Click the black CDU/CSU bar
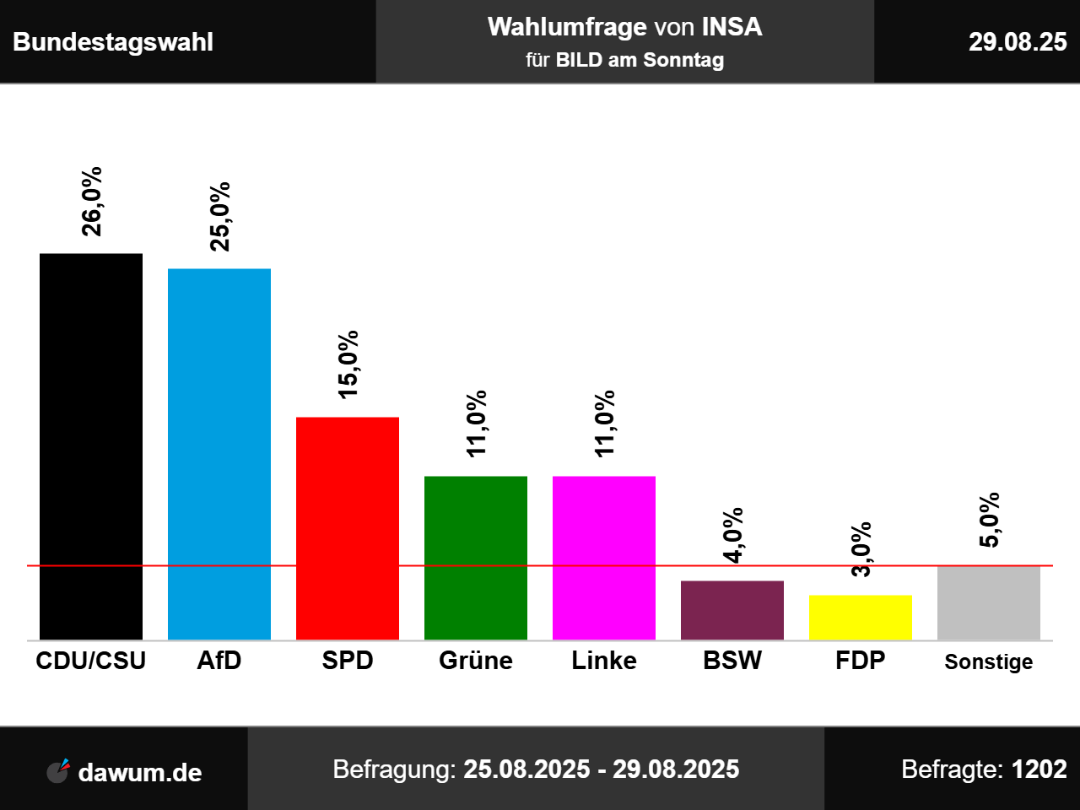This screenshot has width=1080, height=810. coord(91,446)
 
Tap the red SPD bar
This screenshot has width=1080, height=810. coord(348,528)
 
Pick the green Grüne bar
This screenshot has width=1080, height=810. coord(476,558)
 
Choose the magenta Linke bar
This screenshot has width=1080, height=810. coord(604,558)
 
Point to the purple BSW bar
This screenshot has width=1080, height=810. coord(732,610)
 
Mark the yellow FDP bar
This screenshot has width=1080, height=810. coord(861,618)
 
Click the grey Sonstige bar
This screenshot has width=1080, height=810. coord(989,602)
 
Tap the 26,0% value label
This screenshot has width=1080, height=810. coord(92,202)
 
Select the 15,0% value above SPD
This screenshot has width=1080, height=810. coord(348,364)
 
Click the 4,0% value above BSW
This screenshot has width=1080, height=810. coord(733,535)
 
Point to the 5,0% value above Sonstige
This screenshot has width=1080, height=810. coord(990,520)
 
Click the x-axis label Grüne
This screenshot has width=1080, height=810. coord(476,660)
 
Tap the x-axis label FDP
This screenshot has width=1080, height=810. coord(861,660)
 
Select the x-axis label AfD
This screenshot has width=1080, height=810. coord(219,660)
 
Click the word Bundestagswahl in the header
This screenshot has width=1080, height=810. coord(113,42)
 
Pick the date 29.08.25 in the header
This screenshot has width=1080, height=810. coord(1018,42)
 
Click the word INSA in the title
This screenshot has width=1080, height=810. coord(732,27)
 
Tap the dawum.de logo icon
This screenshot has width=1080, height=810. coord(58,770)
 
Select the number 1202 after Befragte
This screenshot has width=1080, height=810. coord(1039,769)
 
